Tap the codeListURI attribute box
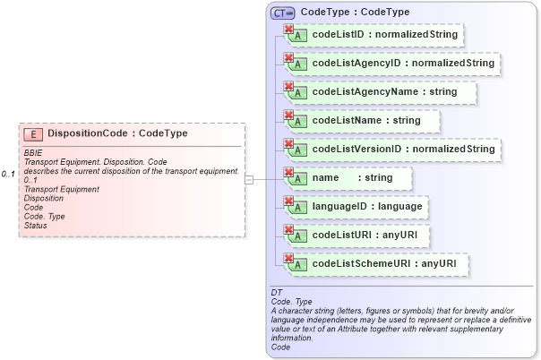tap(353, 236)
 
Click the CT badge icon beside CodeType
tap(283, 13)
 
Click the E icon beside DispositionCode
tap(33, 133)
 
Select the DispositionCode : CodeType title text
tap(117, 133)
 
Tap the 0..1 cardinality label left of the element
tap(9, 174)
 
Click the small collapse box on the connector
tap(249, 180)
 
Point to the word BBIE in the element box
tap(33, 153)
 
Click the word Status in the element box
tap(36, 225)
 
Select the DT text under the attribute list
tap(277, 293)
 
